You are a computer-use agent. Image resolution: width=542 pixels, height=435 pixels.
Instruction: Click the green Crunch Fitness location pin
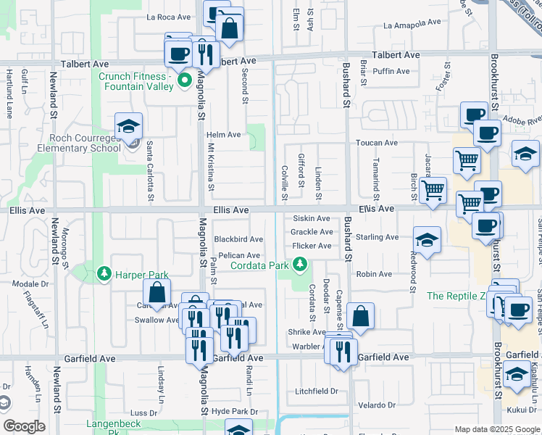[x=184, y=80]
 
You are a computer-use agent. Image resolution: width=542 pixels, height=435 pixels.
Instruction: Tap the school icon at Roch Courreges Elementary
[x=128, y=126]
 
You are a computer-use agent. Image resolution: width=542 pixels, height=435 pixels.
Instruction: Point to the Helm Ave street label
[x=223, y=135]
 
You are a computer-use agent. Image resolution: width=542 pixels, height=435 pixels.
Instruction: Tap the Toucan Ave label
[x=376, y=143]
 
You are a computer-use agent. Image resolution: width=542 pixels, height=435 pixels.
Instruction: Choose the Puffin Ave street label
[x=391, y=71]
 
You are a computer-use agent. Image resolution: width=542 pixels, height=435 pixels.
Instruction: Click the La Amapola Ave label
[x=412, y=23]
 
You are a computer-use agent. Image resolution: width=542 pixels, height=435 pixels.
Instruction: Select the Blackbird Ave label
[x=238, y=239]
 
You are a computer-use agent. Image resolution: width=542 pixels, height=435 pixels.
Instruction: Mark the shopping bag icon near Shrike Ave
[x=360, y=317]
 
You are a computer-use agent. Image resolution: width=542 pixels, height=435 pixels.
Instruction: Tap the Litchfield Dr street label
[x=316, y=391]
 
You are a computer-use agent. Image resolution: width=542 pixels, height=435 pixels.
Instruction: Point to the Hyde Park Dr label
[x=234, y=412]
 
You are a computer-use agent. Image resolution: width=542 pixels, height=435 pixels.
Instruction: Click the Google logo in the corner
[x=25, y=426]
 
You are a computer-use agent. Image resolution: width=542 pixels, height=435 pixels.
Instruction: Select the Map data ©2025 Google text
[x=496, y=429]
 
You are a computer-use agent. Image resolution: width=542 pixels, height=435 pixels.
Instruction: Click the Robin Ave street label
[x=373, y=274]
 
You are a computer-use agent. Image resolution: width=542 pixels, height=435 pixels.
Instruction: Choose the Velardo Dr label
[x=376, y=405]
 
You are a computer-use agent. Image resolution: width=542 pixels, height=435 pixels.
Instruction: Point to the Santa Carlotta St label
[x=151, y=171]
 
